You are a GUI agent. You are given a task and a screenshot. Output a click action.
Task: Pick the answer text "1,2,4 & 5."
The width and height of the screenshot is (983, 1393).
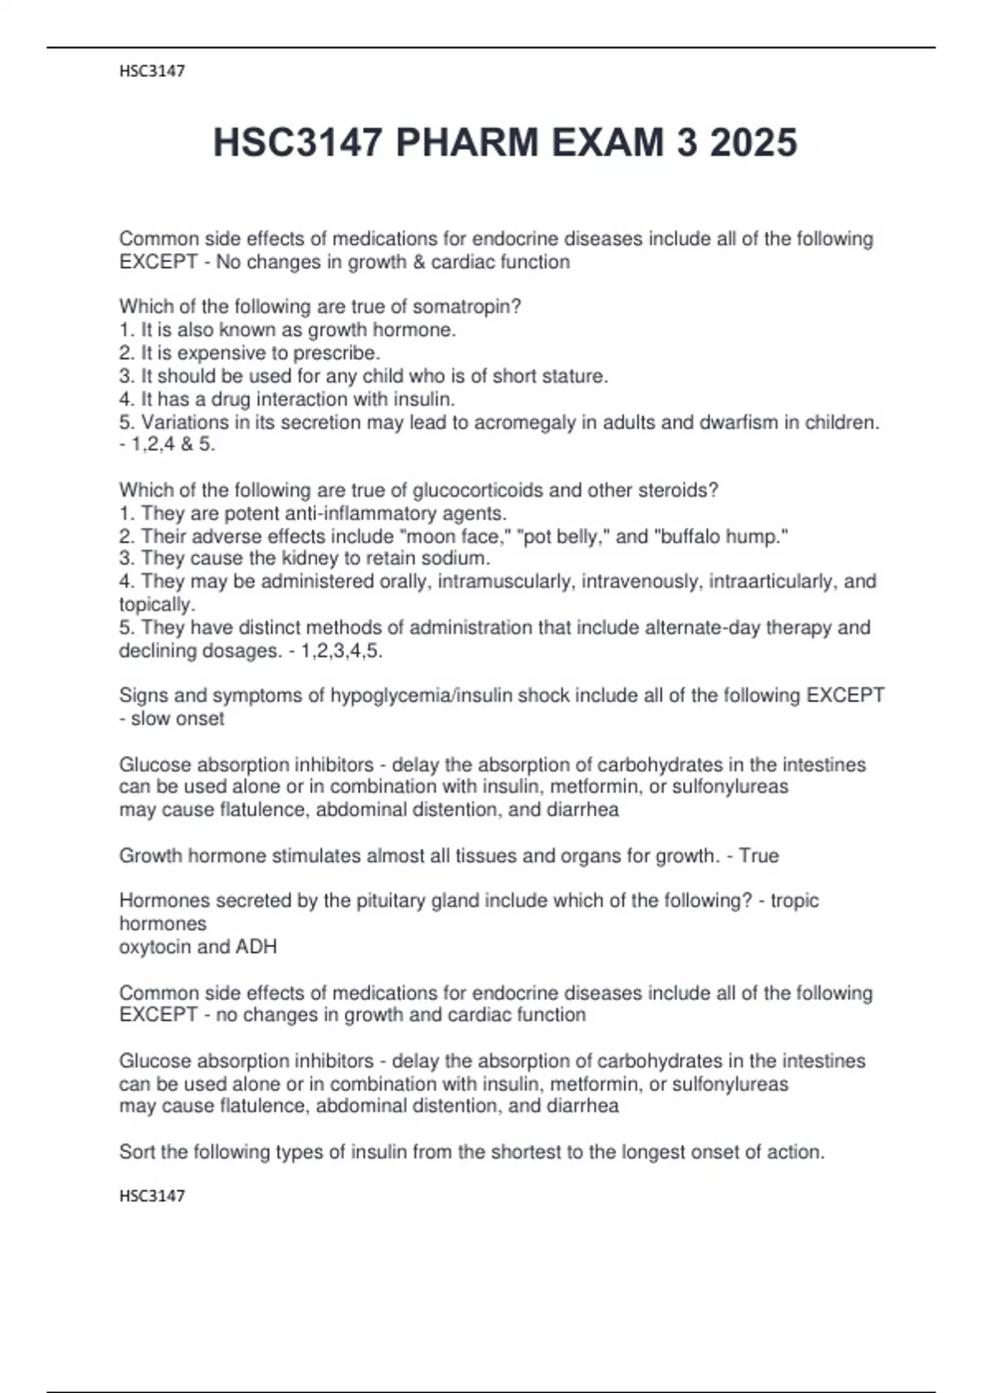[173, 445]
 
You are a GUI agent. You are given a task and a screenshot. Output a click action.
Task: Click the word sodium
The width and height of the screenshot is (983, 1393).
[455, 559]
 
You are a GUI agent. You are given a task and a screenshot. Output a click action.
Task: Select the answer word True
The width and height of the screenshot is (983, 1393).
[759, 856]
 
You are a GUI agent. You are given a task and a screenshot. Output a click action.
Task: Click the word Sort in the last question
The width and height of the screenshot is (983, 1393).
[137, 1152]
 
